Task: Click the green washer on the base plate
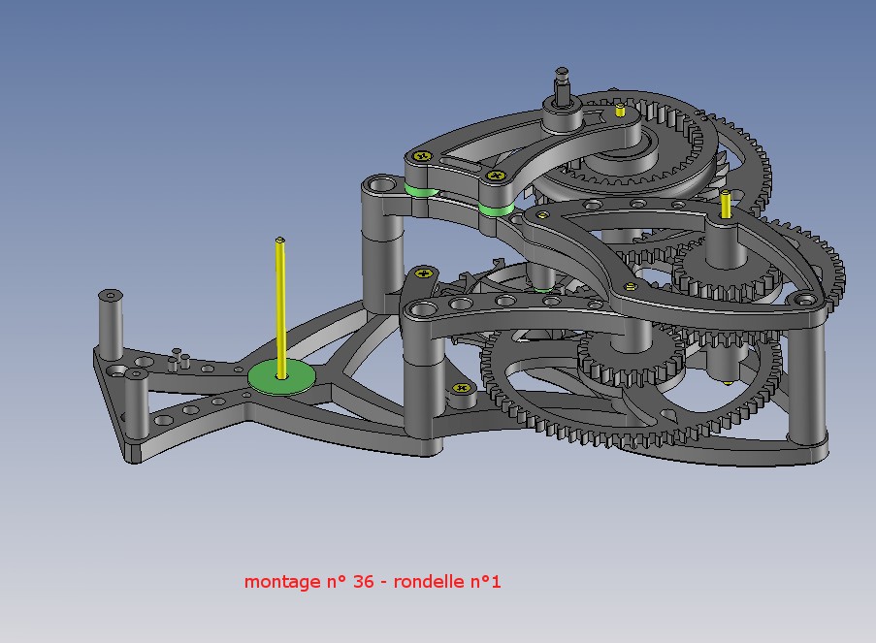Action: pos(281,377)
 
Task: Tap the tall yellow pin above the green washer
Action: pos(280,308)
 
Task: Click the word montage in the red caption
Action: pos(282,582)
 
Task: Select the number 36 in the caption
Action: pos(363,581)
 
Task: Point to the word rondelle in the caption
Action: pos(429,581)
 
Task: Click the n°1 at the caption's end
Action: pos(485,581)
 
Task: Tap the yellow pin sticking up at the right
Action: pos(726,205)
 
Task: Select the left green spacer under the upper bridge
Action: pos(422,190)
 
